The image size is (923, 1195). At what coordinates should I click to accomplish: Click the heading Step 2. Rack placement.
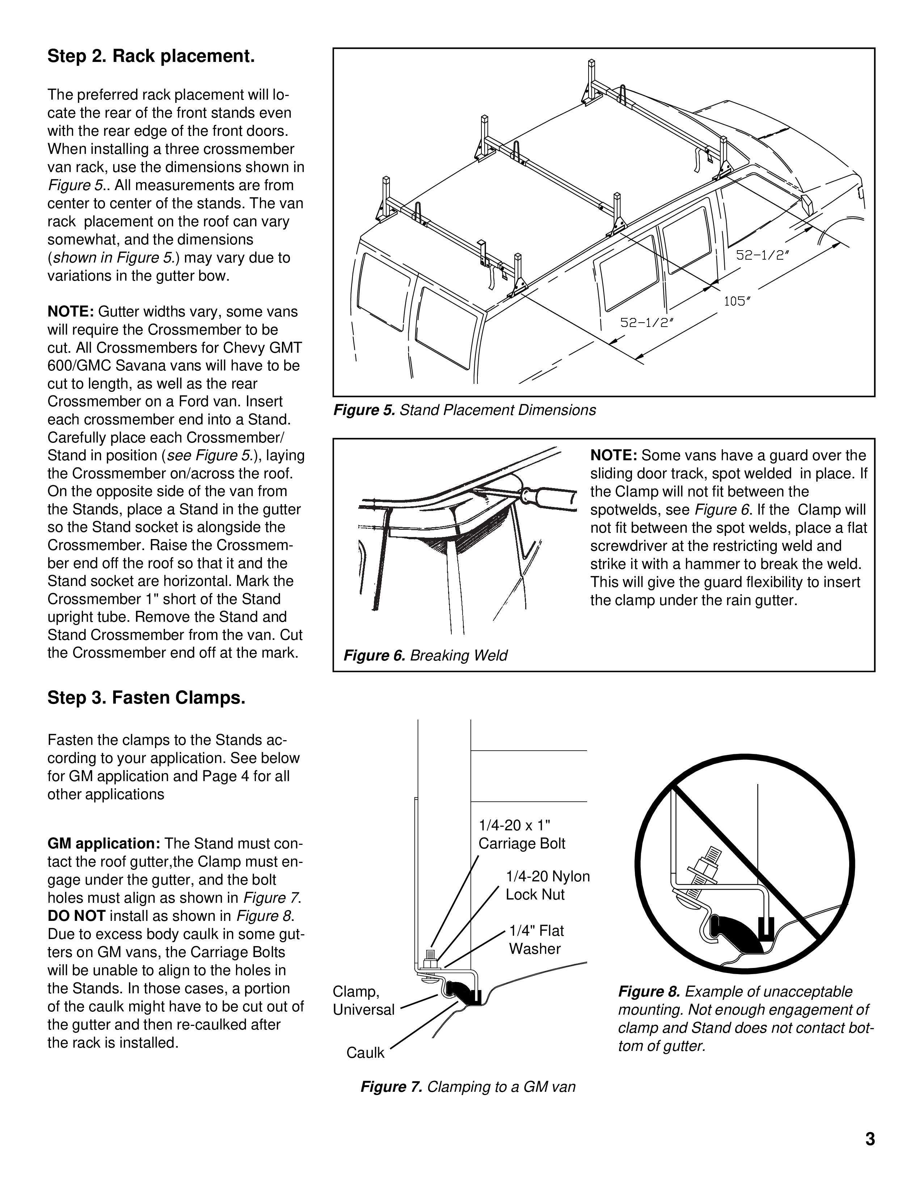pos(151,56)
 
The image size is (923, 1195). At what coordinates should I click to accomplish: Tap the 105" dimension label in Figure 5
pos(737,301)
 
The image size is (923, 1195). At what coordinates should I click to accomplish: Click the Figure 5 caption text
pos(464,410)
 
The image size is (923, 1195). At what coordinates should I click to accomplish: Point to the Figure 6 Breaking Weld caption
pos(425,655)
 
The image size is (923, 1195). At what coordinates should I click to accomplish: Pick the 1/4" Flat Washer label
pos(536,939)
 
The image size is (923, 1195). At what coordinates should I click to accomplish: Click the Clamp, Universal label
pos(363,1000)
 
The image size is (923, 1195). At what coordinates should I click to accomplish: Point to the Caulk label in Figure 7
pos(365,1053)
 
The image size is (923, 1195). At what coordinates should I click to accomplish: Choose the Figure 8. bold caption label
pos(649,991)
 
